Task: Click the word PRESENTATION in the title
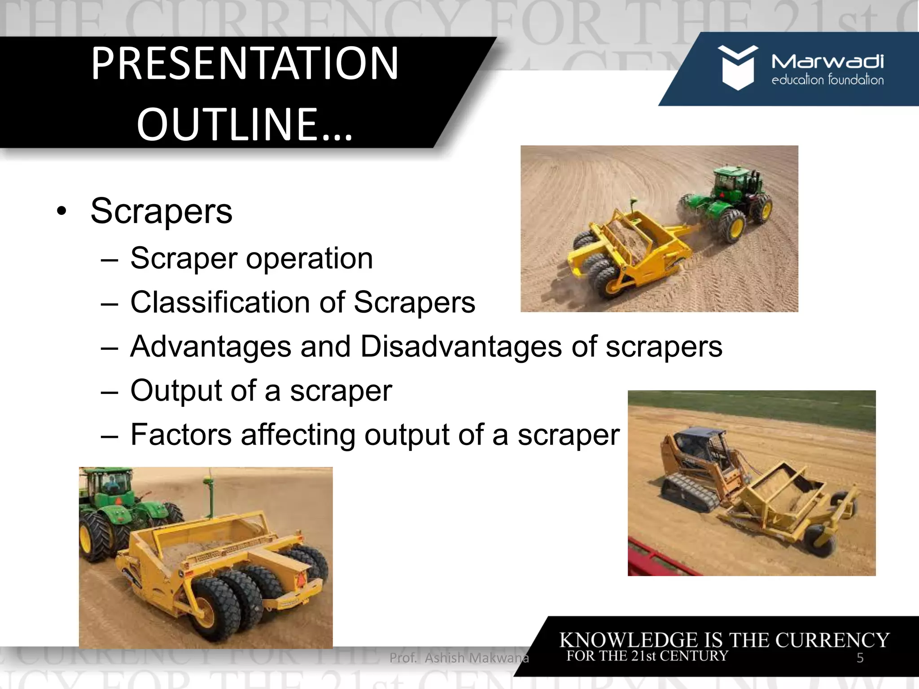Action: (245, 64)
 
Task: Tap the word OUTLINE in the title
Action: (227, 124)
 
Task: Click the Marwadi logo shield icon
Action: (737, 68)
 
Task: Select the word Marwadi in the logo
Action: (827, 61)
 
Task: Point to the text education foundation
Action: (827, 80)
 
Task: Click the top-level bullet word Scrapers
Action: (161, 211)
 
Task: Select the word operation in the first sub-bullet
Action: (309, 259)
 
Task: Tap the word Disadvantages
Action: (461, 347)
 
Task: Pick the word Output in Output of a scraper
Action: (175, 390)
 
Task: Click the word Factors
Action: (180, 435)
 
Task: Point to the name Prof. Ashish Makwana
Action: (459, 658)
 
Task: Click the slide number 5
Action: (860, 658)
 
